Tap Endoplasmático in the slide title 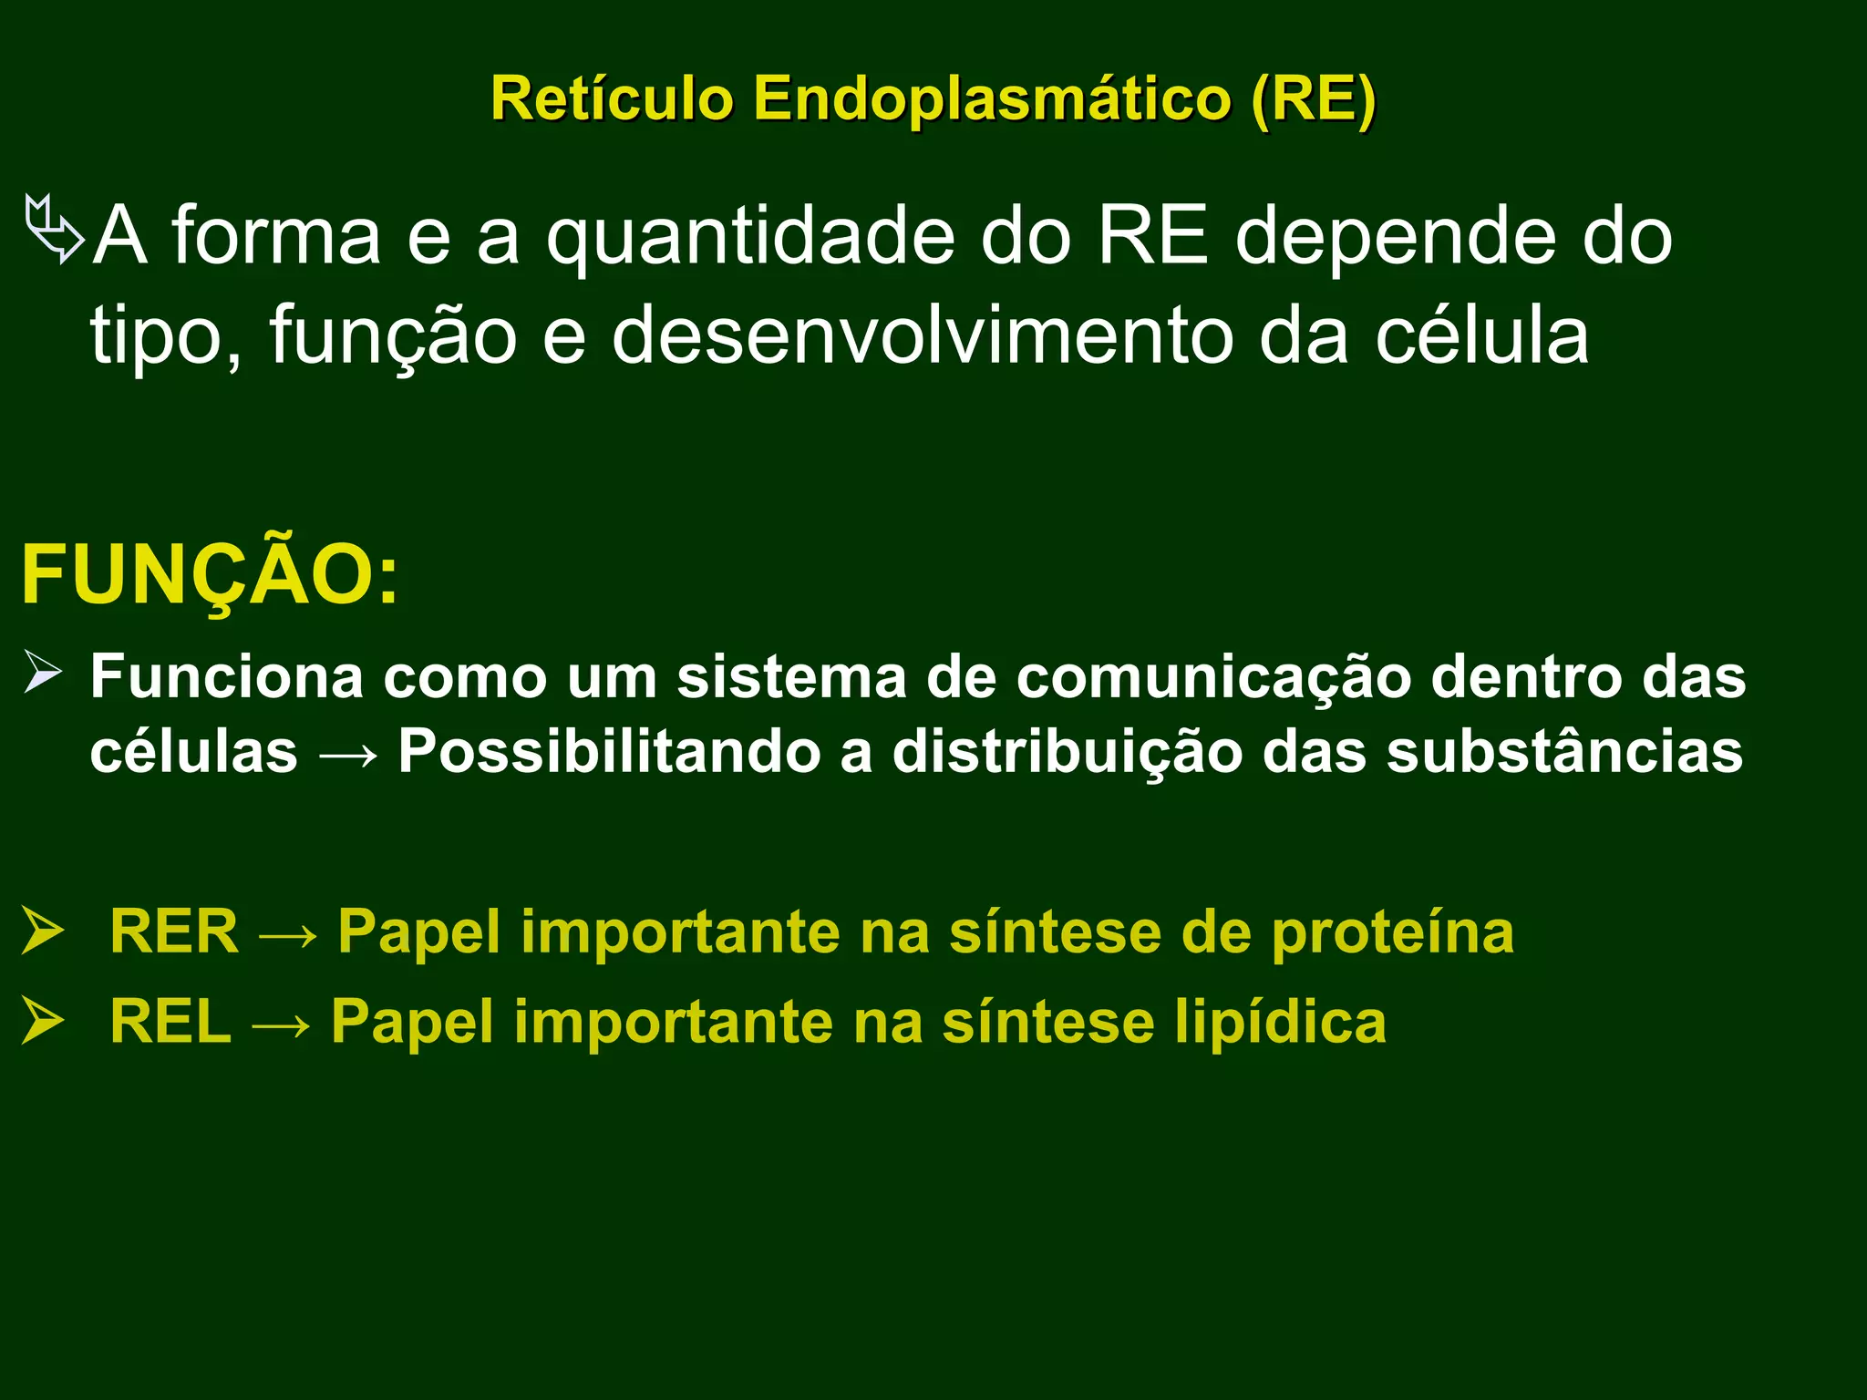click(x=993, y=98)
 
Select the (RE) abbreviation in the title click(x=1313, y=98)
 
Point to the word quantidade click(x=750, y=237)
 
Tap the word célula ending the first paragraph click(x=1481, y=335)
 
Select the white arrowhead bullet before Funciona click(x=43, y=673)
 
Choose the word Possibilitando click(x=609, y=752)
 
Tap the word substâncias click(x=1564, y=752)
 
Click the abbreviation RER click(x=173, y=932)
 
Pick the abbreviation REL click(x=170, y=1021)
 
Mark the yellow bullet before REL click(x=43, y=1021)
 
